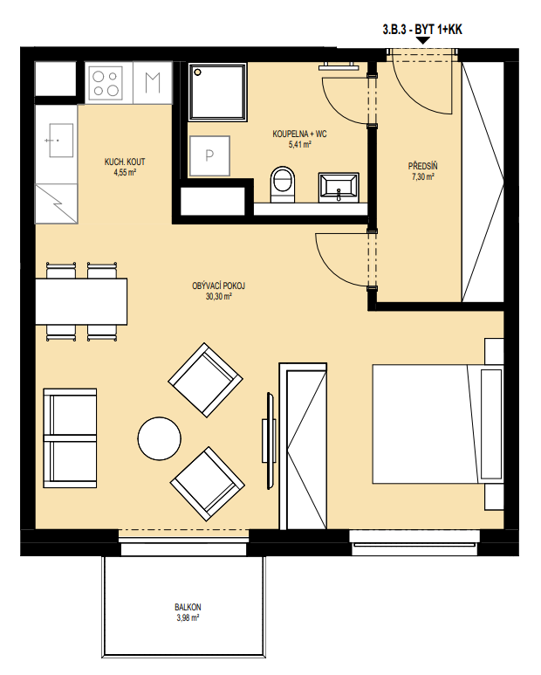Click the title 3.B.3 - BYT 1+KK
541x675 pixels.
pyautogui.click(x=422, y=30)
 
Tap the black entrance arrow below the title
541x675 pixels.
pyautogui.click(x=423, y=40)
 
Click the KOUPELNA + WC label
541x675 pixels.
pyautogui.click(x=299, y=134)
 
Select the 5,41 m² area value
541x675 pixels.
pyautogui.click(x=300, y=145)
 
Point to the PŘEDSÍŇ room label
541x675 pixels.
pyautogui.click(x=422, y=166)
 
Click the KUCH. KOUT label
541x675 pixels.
pyautogui.click(x=125, y=162)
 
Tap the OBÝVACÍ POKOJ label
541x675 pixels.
pyautogui.click(x=218, y=286)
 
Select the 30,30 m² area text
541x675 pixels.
pyautogui.click(x=219, y=297)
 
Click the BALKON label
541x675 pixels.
pyautogui.click(x=188, y=608)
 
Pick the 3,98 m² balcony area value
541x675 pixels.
pyautogui.click(x=188, y=618)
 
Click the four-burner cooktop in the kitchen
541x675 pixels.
pyautogui.click(x=106, y=83)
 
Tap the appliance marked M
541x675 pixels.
pyautogui.click(x=153, y=83)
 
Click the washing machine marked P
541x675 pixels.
pyautogui.click(x=209, y=155)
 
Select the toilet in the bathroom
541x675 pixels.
pyautogui.click(x=283, y=184)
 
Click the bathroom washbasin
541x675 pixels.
pyautogui.click(x=339, y=187)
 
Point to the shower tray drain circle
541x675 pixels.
pyautogui.click(x=198, y=72)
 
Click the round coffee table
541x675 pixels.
pyautogui.click(x=159, y=438)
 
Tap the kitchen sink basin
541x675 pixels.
pyautogui.click(x=61, y=141)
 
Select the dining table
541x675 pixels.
pyautogui.click(x=81, y=301)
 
